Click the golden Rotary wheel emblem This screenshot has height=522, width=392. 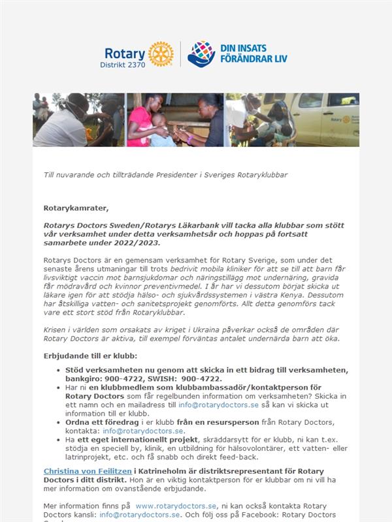(161, 54)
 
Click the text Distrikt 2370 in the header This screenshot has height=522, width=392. (123, 65)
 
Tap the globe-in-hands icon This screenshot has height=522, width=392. (201, 54)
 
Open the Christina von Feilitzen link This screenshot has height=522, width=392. (83, 471)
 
